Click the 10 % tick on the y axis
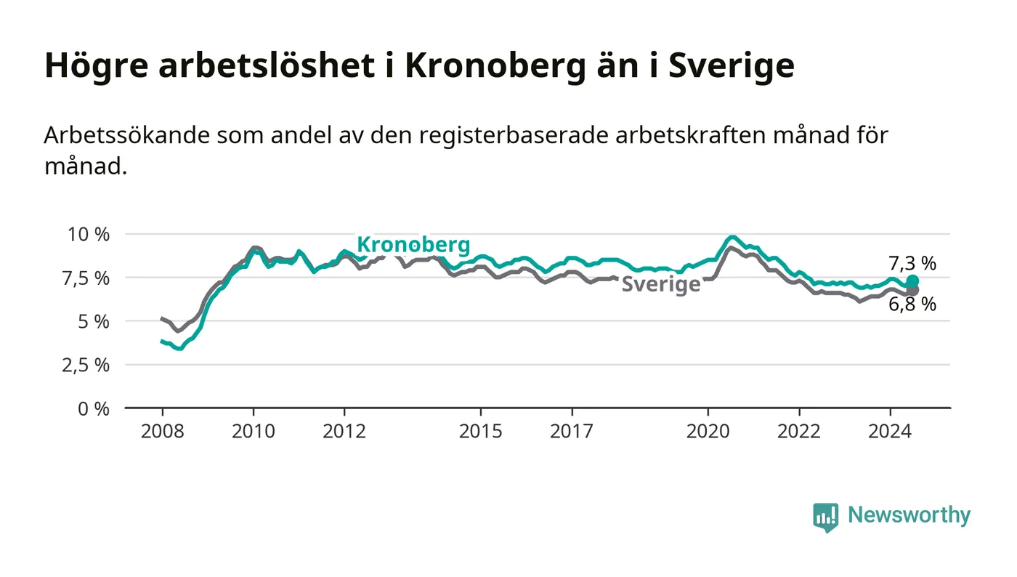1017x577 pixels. tap(89, 235)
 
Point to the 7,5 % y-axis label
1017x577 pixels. tap(86, 278)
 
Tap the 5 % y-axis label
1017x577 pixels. tap(94, 322)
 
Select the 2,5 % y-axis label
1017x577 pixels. tap(86, 366)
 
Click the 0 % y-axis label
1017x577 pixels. tap(94, 409)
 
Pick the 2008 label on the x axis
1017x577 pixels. tap(163, 431)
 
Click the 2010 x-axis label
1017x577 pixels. tap(254, 431)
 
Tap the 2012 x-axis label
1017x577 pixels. tap(344, 431)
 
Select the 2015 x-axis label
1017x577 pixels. tap(481, 431)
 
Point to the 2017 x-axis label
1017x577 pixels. tap(572, 431)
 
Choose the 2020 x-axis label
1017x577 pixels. tap(708, 431)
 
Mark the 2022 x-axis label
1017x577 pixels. tap(799, 431)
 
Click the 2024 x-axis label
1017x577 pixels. tap(890, 431)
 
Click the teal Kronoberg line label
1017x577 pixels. tap(413, 245)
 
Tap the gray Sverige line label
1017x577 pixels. tap(661, 284)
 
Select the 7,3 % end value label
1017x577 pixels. tap(912, 264)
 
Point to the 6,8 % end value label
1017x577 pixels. tap(912, 304)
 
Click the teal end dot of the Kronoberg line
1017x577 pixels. tap(912, 281)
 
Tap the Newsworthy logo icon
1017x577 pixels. tap(825, 517)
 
